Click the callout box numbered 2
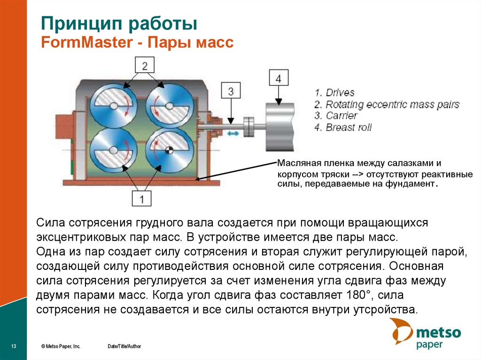(145, 66)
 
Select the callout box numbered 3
(230, 91)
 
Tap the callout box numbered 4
(278, 78)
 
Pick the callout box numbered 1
(144, 198)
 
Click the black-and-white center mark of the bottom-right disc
(169, 150)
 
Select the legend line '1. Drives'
(334, 92)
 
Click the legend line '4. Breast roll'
(343, 128)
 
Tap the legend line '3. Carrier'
(336, 116)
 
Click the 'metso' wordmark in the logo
(439, 333)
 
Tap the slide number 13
(14, 346)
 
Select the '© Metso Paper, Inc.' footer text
(61, 346)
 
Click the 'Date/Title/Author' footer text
(124, 346)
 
